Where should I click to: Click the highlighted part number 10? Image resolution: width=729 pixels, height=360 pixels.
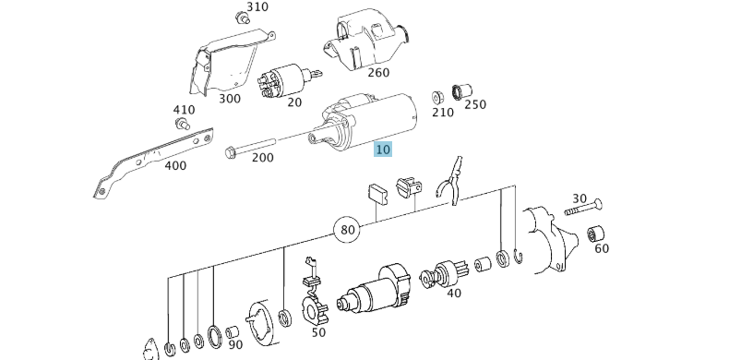pos(383,150)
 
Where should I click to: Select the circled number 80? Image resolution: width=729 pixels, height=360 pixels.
pos(347,229)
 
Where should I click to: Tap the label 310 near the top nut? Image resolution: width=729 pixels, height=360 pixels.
pos(257,7)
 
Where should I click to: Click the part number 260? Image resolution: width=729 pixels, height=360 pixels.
pos(377,73)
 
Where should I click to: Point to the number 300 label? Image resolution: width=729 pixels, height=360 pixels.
pos(229,99)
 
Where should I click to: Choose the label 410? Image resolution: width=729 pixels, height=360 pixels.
pos(185,110)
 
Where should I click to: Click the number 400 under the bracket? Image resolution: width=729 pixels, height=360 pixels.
pos(174,166)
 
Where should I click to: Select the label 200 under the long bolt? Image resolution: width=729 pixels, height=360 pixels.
pos(262,158)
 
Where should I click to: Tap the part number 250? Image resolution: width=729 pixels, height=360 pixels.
pos(474,105)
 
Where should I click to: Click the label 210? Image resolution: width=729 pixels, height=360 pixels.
pos(443,113)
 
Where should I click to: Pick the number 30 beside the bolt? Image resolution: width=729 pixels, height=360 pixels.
pos(580,198)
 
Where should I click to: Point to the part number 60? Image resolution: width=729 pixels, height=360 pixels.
pos(602,248)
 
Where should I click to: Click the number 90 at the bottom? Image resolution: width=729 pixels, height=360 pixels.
pos(235,344)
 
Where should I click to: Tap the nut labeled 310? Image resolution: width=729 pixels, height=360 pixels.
pos(243,17)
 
